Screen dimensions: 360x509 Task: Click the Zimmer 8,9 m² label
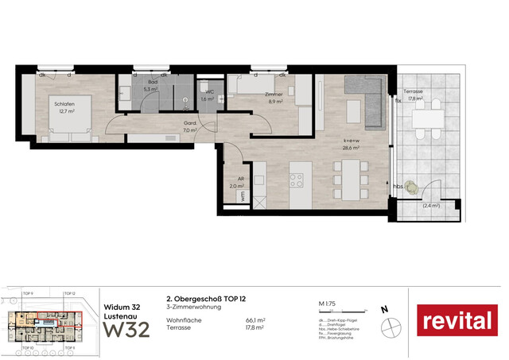[274, 98]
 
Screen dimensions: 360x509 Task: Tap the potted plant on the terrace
[410, 188]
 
